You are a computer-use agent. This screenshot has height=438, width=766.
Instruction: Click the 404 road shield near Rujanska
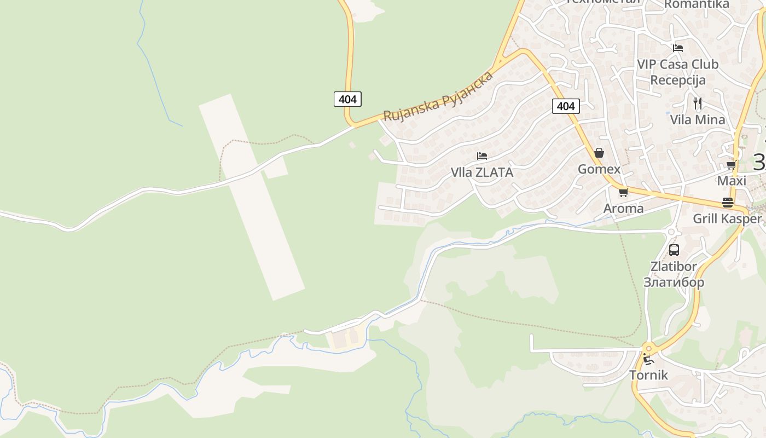(x=347, y=99)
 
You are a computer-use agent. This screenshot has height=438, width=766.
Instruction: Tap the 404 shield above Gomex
(x=565, y=106)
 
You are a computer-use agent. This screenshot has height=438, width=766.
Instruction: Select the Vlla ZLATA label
(x=482, y=172)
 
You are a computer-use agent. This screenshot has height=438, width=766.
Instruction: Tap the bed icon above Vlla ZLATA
(x=482, y=156)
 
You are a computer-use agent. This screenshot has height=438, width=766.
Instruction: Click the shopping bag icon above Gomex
(x=599, y=153)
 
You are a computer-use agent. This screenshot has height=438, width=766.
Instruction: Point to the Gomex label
(x=599, y=169)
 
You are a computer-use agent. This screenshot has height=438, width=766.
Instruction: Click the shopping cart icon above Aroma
(x=623, y=192)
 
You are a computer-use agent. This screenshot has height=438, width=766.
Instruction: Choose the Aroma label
(x=623, y=209)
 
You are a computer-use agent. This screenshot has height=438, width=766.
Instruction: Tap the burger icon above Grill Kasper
(x=727, y=202)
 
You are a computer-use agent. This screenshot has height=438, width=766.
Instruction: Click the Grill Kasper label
(x=727, y=219)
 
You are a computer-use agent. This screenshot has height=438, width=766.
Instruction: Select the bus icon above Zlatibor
(x=674, y=250)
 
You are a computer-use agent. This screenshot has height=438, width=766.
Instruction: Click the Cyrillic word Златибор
(x=674, y=283)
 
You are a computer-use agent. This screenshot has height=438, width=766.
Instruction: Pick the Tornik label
(x=648, y=375)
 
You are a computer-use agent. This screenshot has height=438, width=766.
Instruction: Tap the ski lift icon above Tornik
(x=648, y=359)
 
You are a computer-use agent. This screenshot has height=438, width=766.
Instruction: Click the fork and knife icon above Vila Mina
(x=697, y=103)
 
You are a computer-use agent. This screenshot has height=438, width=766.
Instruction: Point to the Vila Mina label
(x=698, y=119)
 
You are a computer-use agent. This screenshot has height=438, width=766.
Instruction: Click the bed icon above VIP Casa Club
(x=678, y=48)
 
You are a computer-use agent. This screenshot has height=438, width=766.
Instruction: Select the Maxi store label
(x=732, y=181)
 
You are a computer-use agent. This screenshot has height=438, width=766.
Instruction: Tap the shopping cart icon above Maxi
(x=732, y=165)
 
